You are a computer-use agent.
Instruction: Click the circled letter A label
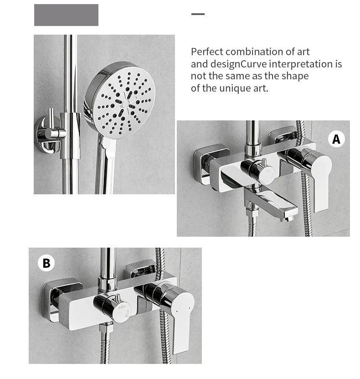(336, 139)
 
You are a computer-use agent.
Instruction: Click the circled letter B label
(46, 263)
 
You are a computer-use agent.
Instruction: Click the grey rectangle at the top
(66, 15)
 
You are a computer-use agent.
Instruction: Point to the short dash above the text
(198, 14)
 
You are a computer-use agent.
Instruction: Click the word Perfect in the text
(207, 52)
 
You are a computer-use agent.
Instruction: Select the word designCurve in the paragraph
(238, 64)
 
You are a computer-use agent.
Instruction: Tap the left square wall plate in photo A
(210, 164)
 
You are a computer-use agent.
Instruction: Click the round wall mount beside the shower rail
(48, 135)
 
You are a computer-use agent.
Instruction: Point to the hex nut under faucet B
(106, 328)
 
